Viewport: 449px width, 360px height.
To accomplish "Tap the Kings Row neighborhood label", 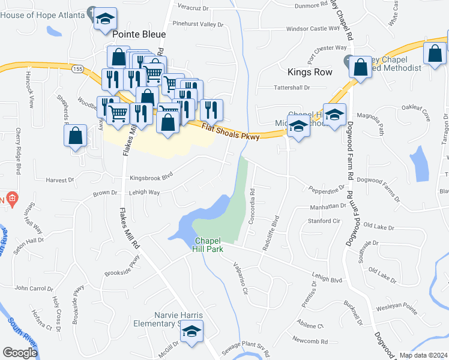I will click(x=310, y=72).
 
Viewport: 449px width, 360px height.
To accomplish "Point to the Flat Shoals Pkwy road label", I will click(x=231, y=132).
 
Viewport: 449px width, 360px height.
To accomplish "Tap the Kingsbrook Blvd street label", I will click(x=151, y=176).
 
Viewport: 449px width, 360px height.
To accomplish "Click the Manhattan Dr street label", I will click(x=327, y=206).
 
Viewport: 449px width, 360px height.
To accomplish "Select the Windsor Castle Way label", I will click(x=313, y=28).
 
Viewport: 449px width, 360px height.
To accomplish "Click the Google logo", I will click(x=20, y=353).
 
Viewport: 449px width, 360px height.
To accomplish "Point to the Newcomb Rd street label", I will click(x=310, y=341).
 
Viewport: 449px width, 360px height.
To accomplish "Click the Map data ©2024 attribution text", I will click(x=423, y=355).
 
